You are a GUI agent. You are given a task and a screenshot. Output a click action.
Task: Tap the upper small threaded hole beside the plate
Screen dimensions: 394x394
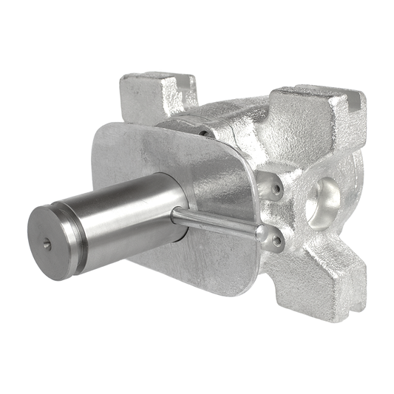pyautogui.click(x=276, y=188)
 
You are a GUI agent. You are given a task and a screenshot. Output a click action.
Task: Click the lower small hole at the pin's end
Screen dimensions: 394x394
pyautogui.click(x=276, y=240)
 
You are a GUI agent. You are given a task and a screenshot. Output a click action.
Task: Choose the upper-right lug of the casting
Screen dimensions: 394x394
pyautogui.click(x=318, y=118)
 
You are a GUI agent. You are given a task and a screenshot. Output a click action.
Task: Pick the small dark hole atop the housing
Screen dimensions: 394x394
pyautogui.click(x=203, y=133)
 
